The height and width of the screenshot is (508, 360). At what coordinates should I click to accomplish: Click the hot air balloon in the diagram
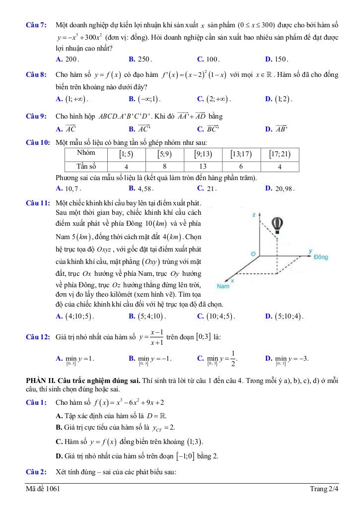(x=279, y=224)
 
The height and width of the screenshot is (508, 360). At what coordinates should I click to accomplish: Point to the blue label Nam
(x=223, y=286)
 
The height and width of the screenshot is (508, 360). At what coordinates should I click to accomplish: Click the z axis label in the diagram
(x=253, y=215)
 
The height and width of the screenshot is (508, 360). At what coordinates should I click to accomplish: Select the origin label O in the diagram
(x=253, y=254)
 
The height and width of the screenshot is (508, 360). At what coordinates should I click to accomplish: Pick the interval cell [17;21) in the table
(x=280, y=154)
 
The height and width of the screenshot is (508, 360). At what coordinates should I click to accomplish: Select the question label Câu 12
(x=38, y=337)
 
